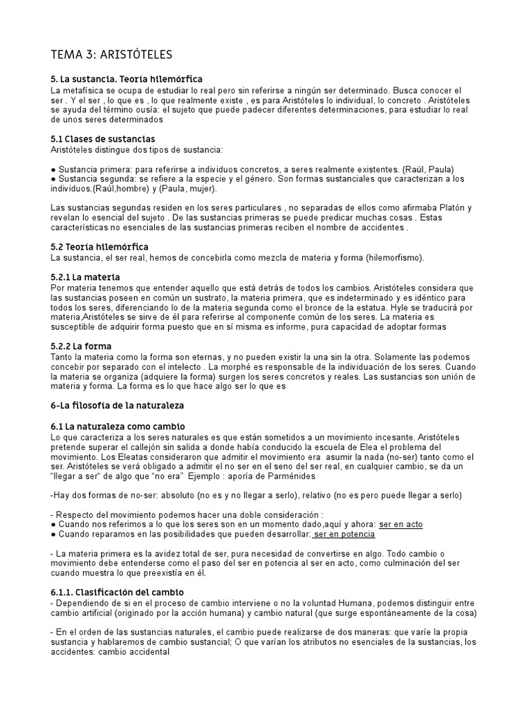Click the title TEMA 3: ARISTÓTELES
[x=112, y=54]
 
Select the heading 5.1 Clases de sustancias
[x=103, y=139]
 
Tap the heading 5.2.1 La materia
[x=85, y=277]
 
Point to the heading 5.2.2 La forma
[x=82, y=346]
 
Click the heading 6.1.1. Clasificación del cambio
[x=118, y=592]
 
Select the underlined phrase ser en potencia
[x=344, y=534]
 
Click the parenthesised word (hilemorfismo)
[x=395, y=258]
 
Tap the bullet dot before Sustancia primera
[x=54, y=169]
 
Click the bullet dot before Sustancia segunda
[x=54, y=179]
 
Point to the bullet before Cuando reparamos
[x=54, y=534]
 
